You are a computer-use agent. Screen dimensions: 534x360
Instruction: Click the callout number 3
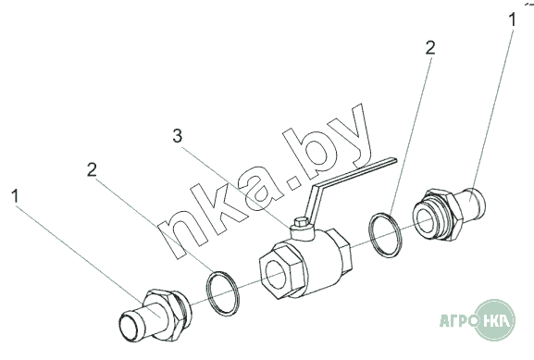pos(177,136)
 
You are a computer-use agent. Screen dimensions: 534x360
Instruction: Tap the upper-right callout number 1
pos(512,19)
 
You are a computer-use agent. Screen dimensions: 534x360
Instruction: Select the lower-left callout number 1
pos(15,196)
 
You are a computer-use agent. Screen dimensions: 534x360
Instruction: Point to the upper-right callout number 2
pos(430,48)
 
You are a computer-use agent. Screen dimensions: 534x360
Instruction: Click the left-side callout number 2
pos(92,169)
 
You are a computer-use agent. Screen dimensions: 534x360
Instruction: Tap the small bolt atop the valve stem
pos(301,223)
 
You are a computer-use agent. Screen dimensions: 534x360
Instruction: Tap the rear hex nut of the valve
pos(340,250)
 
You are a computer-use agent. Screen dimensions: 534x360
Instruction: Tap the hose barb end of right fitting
pos(472,202)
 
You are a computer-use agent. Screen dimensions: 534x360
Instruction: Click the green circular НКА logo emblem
pos(495,320)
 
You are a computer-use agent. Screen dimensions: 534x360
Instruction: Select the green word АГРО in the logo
pos(458,320)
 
